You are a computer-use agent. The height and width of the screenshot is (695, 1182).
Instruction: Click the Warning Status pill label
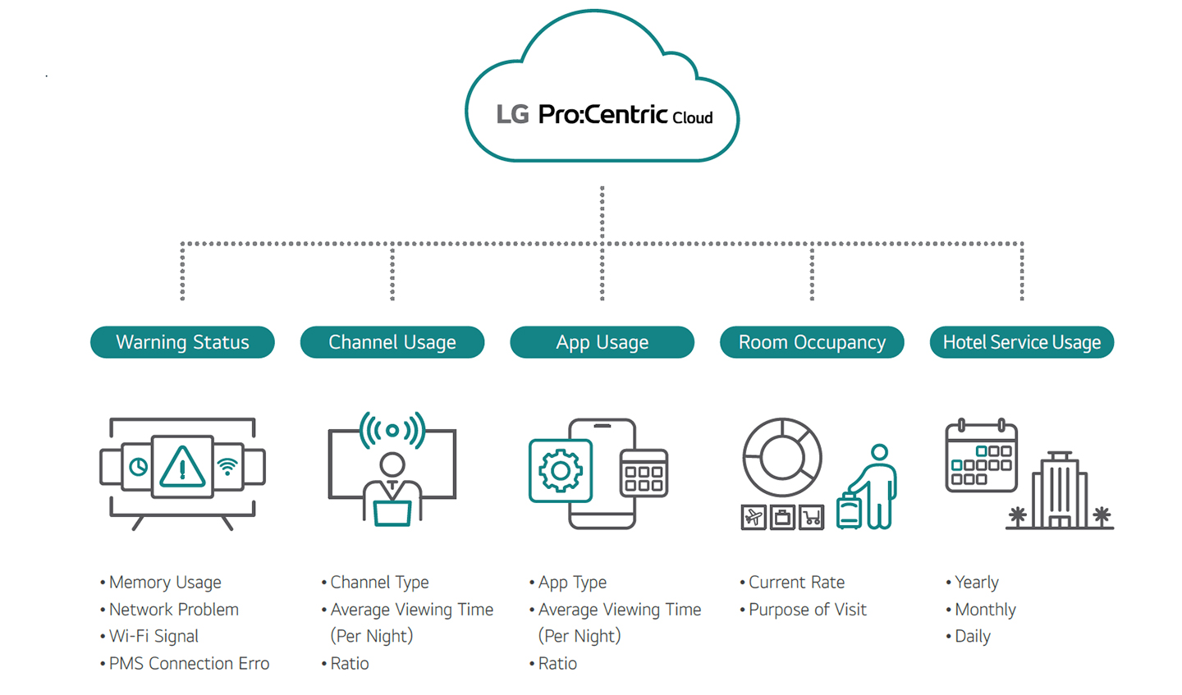tap(182, 342)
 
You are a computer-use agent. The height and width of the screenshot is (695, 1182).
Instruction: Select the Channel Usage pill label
tap(392, 342)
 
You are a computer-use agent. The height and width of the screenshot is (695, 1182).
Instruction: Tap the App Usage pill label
tap(602, 342)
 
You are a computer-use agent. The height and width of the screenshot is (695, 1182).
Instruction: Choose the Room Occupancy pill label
tap(812, 342)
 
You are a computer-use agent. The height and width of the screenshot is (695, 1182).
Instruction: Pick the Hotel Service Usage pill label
tap(1022, 342)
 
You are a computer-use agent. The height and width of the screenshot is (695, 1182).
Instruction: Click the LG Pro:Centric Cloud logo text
tap(604, 114)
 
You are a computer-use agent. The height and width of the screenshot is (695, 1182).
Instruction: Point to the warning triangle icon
tap(182, 467)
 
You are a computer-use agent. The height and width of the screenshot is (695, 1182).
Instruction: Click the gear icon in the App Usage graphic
tap(561, 471)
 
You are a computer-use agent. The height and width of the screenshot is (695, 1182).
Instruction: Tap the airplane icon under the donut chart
tap(754, 517)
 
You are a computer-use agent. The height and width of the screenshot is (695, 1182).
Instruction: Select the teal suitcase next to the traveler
tap(849, 510)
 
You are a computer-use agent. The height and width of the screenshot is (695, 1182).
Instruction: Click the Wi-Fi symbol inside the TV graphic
tap(227, 467)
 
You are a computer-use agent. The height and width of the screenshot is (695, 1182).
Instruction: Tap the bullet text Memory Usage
tap(165, 583)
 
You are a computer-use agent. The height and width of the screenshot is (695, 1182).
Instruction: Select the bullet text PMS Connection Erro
tap(189, 664)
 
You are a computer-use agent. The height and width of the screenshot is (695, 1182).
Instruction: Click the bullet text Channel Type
tap(379, 583)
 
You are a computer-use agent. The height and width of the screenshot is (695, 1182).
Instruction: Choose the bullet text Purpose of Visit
tap(807, 610)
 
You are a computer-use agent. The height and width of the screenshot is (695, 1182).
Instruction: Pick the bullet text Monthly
tap(985, 610)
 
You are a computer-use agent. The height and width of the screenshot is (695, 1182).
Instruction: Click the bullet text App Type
tap(572, 583)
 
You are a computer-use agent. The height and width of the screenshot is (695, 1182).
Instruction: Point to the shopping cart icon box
tap(812, 517)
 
